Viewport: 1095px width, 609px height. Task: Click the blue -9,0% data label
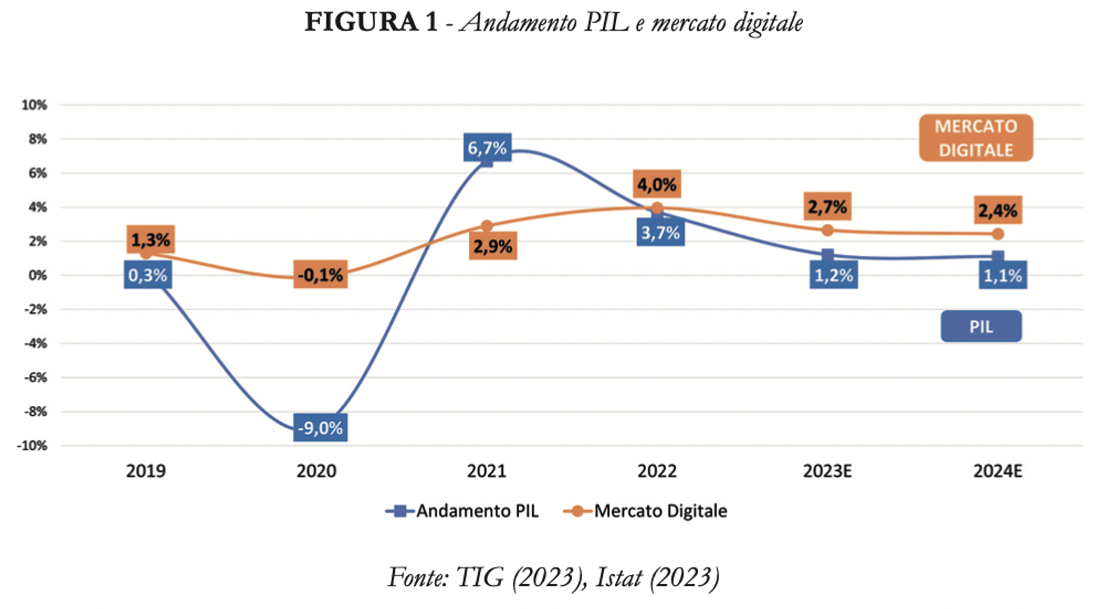tap(320, 428)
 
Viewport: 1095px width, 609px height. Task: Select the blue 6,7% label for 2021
tap(487, 148)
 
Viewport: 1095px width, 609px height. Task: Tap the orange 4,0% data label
tap(657, 185)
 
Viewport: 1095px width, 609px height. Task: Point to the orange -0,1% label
tap(320, 275)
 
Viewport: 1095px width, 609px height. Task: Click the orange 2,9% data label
tap(493, 246)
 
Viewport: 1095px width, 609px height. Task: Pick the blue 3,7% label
tap(660, 232)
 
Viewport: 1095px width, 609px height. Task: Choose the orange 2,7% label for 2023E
tap(828, 206)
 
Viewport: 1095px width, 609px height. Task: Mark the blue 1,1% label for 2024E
tap(1003, 275)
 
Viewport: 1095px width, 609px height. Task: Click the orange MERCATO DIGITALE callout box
tap(976, 138)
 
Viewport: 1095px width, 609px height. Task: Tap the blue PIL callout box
tap(981, 327)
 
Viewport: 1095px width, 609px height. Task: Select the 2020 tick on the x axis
tap(316, 471)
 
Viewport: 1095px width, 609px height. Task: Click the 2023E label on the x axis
tap(828, 471)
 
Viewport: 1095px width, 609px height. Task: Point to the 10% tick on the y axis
tap(34, 105)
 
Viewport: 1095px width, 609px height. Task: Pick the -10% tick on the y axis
tap(32, 446)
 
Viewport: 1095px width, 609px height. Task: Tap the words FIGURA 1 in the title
tap(370, 22)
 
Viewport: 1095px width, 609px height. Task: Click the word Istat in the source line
tap(619, 577)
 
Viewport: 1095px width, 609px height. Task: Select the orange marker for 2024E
tap(998, 234)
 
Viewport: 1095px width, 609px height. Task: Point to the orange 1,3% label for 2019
tap(151, 240)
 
